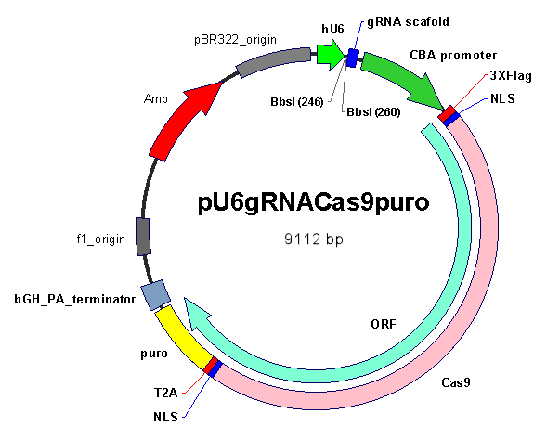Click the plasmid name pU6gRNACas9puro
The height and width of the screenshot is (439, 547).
tap(313, 203)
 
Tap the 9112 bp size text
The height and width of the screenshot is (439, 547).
tap(314, 239)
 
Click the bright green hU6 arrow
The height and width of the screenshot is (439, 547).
tap(330, 55)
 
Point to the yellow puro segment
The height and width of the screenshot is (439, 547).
tap(183, 337)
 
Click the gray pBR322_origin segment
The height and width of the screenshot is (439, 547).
tap(274, 62)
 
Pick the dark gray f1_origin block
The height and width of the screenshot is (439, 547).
tap(143, 237)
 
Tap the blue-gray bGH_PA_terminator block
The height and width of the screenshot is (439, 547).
tap(156, 295)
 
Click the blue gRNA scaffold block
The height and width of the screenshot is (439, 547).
tap(353, 58)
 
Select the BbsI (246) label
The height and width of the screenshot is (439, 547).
tap(297, 102)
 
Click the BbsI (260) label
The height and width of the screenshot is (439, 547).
tap(373, 112)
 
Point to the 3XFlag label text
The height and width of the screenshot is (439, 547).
tap(511, 76)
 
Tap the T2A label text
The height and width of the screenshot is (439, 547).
tap(165, 393)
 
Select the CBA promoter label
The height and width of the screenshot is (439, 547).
tap(453, 55)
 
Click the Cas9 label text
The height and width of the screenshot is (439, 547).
tap(456, 382)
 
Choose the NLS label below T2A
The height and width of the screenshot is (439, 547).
tap(165, 417)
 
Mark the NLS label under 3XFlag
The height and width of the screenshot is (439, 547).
tap(502, 98)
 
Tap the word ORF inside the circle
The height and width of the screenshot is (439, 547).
tap(384, 324)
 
